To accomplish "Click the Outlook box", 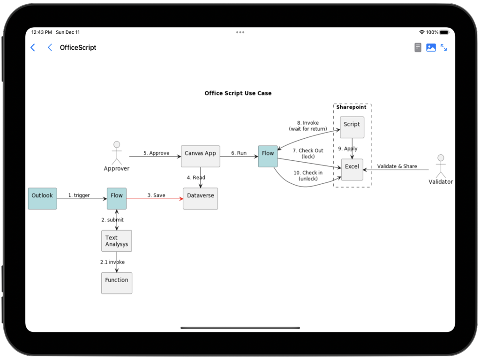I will coord(42,198).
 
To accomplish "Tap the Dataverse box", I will coord(200,198).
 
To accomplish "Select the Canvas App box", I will coord(200,156).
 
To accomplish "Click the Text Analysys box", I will coord(117,241).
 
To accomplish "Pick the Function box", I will coord(117,283).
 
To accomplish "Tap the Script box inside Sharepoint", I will coord(352,127).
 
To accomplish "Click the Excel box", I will coord(352,169).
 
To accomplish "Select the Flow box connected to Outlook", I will coord(117,198).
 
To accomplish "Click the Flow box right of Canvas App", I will coord(268,156).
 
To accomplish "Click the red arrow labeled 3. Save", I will coord(155,199).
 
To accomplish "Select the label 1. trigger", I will coord(79,195).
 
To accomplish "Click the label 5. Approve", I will coord(156,153).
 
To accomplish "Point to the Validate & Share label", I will coord(397,166).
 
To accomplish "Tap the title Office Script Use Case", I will coord(238,93).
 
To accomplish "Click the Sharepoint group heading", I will coord(351,107).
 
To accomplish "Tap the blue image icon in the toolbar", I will coord(431,47).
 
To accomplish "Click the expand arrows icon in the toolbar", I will coord(443,47).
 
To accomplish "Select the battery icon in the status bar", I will coord(444,32).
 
